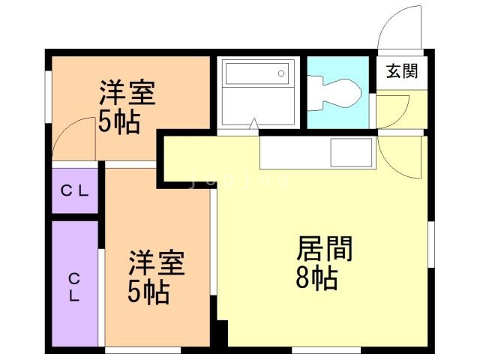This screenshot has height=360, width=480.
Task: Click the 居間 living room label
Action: pos(325,248)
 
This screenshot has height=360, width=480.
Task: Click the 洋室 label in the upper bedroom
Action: pos(127,94)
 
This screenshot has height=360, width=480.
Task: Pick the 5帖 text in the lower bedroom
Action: pos(148,292)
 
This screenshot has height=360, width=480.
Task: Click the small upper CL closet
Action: pos(75,190)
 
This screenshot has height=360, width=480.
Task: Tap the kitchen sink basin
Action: pos(351,151)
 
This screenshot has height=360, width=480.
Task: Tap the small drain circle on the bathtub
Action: pos(281,73)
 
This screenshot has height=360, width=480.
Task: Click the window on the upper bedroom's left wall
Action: pos(48,94)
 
